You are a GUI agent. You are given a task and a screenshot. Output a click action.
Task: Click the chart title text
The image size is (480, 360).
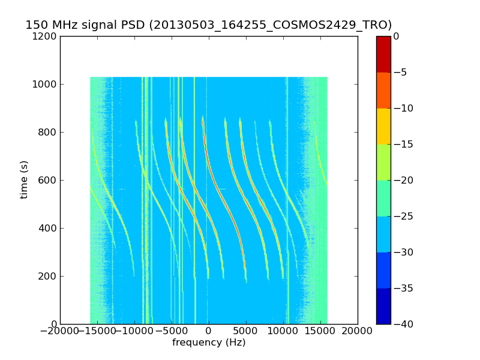(208, 25)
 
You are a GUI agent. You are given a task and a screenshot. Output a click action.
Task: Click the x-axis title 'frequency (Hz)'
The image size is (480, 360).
(209, 343)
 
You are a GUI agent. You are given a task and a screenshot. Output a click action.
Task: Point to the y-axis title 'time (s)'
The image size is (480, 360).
(24, 179)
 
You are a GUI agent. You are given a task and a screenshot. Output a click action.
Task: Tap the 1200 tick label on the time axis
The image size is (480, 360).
(46, 36)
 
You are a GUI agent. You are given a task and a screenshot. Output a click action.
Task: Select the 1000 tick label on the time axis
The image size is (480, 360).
(46, 84)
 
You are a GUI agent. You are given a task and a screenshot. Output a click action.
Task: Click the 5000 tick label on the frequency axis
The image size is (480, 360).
(245, 331)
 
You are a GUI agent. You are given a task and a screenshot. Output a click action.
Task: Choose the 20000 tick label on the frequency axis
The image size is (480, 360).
(358, 331)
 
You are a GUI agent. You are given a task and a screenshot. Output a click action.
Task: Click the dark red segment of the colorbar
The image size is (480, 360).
(383, 54)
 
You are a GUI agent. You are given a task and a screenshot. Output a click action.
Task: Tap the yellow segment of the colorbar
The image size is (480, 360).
(383, 126)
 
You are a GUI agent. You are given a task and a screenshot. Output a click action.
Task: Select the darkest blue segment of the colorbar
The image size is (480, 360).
(383, 306)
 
